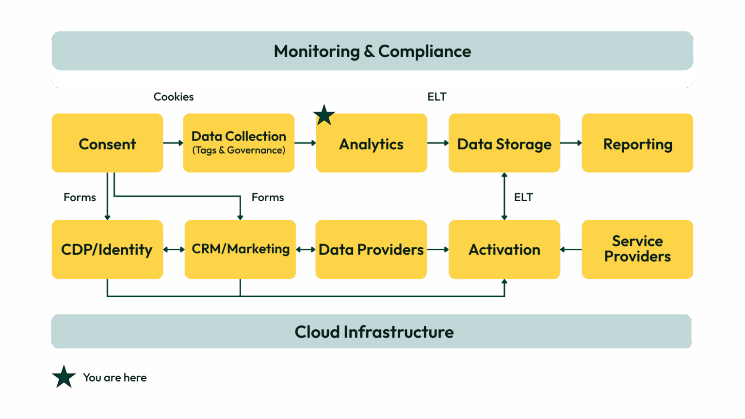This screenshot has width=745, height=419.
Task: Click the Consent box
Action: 107,143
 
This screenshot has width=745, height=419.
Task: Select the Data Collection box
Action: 239,143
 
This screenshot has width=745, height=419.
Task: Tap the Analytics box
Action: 372,144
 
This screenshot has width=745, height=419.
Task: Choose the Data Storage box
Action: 504,144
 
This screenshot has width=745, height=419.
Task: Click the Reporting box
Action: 637,144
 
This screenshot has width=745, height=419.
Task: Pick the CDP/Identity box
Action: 107,249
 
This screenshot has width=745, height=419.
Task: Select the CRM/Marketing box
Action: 240,249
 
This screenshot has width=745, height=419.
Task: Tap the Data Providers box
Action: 371,249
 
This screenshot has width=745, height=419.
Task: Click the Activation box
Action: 504,249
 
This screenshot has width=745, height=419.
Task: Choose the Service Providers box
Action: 637,249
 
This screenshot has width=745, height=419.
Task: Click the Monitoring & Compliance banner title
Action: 372,51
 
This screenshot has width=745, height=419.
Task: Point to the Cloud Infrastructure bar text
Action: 374,332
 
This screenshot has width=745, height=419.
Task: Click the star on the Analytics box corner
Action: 324,115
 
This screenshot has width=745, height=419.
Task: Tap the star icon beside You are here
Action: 64,377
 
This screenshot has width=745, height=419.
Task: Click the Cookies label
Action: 174,97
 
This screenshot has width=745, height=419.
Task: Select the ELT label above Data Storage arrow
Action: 437,97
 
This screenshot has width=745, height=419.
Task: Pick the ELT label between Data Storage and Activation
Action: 523,197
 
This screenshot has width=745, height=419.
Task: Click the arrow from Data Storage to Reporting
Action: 571,143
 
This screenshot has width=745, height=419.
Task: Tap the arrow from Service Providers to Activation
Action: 571,250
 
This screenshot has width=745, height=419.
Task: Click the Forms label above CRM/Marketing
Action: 267,197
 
